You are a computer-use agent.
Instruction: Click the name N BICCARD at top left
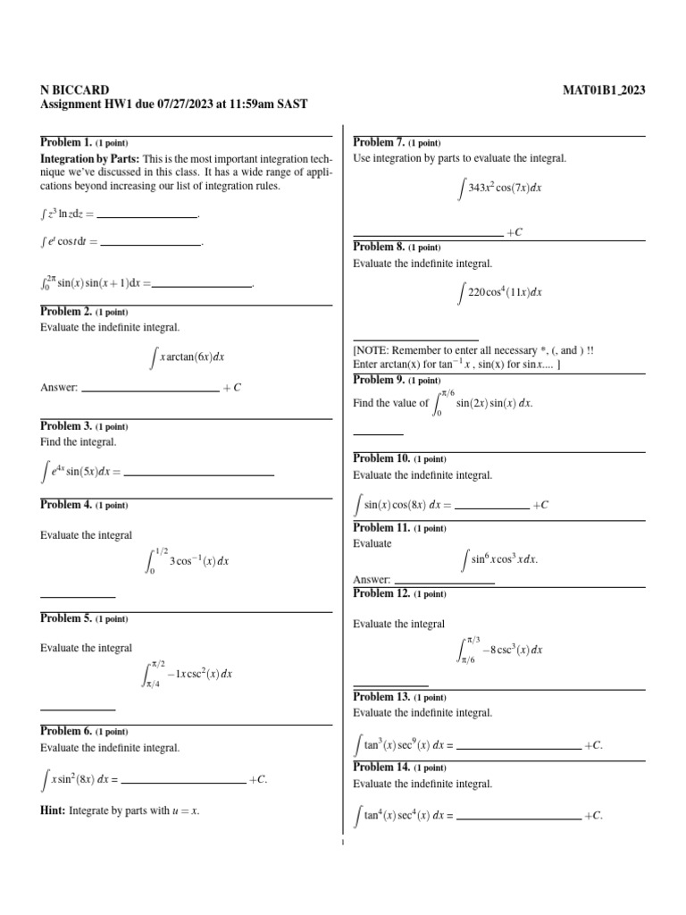[x=75, y=89]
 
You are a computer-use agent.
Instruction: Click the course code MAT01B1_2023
[x=604, y=89]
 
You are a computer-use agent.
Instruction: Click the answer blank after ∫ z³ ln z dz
[x=146, y=215]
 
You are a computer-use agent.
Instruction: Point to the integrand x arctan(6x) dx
[x=188, y=357]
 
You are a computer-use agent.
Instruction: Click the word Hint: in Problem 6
[x=54, y=810]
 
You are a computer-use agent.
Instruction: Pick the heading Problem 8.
[x=380, y=247]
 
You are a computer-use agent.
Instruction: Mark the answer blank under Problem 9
[x=378, y=432]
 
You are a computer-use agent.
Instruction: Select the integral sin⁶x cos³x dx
[x=498, y=559]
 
